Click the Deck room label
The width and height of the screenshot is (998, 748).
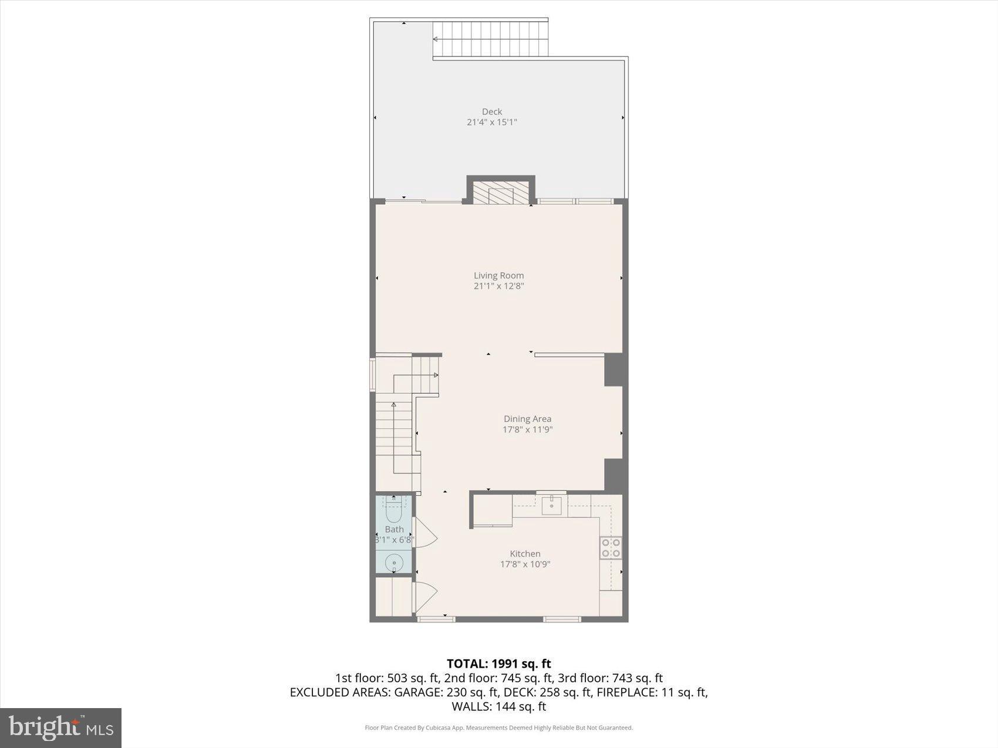click(492, 111)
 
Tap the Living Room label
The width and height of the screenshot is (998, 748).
click(498, 275)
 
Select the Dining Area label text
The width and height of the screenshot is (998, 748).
click(527, 419)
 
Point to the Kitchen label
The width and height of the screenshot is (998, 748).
click(525, 553)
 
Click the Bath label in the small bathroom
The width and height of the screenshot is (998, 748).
click(394, 529)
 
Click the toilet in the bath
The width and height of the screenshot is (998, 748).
click(393, 512)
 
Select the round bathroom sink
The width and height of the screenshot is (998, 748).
click(394, 563)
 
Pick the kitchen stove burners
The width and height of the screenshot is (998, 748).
click(611, 548)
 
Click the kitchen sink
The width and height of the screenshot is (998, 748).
click(552, 504)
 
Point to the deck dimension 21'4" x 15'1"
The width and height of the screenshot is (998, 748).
click(492, 122)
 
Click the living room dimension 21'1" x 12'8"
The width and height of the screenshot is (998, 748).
click(498, 286)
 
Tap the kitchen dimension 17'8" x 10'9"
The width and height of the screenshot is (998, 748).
click(525, 564)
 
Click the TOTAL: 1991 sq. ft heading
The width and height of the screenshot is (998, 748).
click(498, 664)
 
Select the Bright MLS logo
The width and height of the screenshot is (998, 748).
click(61, 728)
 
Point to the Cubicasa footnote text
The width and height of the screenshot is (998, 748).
click(498, 728)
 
